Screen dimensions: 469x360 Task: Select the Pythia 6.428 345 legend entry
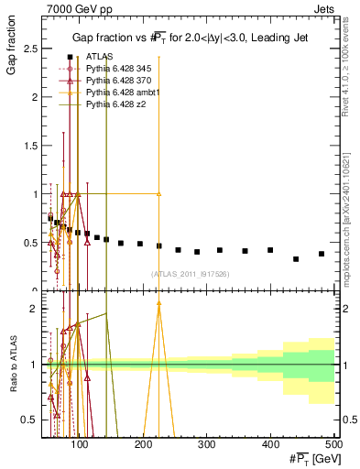click(x=115, y=69)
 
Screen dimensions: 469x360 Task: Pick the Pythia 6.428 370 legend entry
click(x=115, y=81)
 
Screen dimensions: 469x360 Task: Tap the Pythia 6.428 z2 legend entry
click(x=111, y=104)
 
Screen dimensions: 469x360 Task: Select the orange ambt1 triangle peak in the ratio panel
click(x=159, y=302)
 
